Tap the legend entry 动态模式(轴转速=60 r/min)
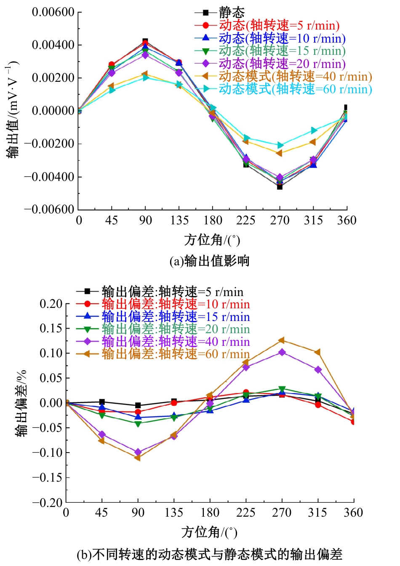(x=295, y=89)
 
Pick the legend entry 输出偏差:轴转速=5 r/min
(x=172, y=292)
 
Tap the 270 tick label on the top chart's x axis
(x=280, y=221)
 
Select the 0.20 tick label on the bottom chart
(x=51, y=304)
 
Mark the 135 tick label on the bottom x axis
(x=174, y=513)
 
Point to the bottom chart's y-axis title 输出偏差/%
(x=21, y=403)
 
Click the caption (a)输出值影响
(x=209, y=261)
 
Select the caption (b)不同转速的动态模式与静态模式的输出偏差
(x=209, y=554)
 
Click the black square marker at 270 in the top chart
(x=280, y=186)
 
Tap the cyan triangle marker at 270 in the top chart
(x=280, y=145)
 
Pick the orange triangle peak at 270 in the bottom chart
(x=282, y=340)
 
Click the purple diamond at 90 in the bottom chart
(x=138, y=452)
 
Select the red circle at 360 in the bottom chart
(x=353, y=421)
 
